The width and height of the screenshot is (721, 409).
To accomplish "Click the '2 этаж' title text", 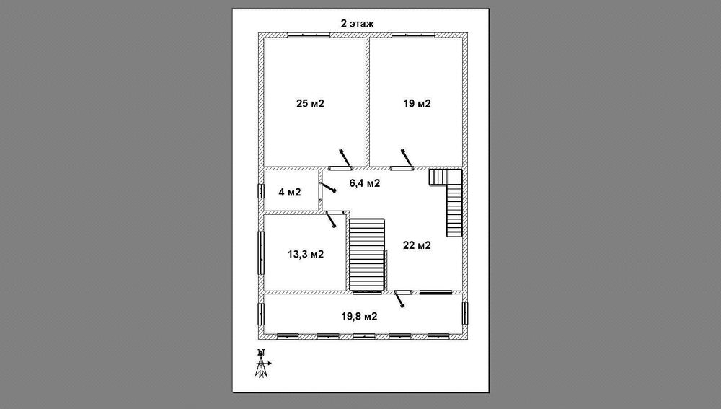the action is [x=357, y=24].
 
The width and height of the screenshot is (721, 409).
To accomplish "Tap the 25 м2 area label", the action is [x=310, y=104].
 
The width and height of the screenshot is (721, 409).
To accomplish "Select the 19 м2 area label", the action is [x=417, y=104].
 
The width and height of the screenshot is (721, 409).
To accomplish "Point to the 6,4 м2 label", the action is [x=365, y=183].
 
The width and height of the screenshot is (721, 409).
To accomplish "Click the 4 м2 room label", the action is [x=290, y=192].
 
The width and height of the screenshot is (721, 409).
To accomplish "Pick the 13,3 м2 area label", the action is [x=306, y=254].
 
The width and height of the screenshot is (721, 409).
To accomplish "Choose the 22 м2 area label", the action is [x=417, y=245].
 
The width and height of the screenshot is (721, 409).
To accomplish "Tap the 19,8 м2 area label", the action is [x=359, y=316].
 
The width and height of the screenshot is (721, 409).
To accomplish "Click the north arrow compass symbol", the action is [x=262, y=364].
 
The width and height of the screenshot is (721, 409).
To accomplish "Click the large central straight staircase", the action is [x=367, y=255].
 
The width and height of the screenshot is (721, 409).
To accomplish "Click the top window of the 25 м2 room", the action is [x=309, y=35].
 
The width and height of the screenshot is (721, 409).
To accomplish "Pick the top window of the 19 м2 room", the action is [x=413, y=35].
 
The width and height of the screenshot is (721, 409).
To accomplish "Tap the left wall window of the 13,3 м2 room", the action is [x=261, y=252].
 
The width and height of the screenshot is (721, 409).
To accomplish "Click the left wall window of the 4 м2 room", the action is [x=261, y=191].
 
